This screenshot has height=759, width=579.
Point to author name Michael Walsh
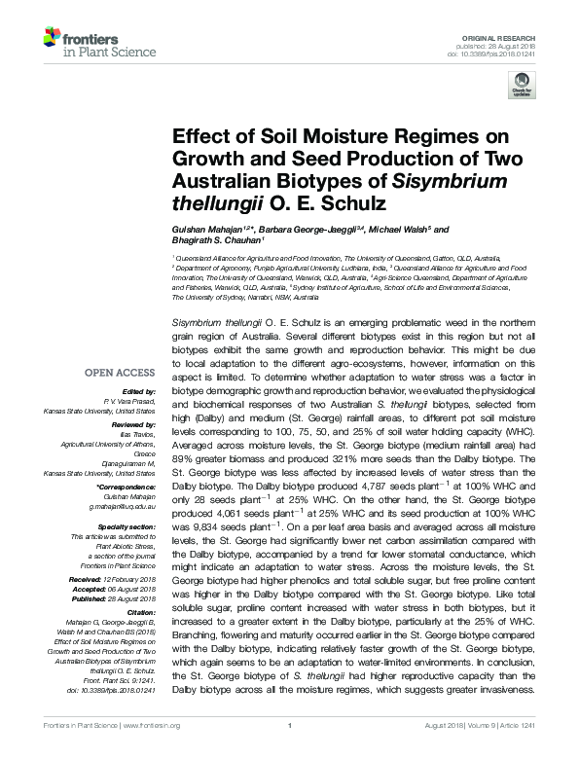tap(398, 230)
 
